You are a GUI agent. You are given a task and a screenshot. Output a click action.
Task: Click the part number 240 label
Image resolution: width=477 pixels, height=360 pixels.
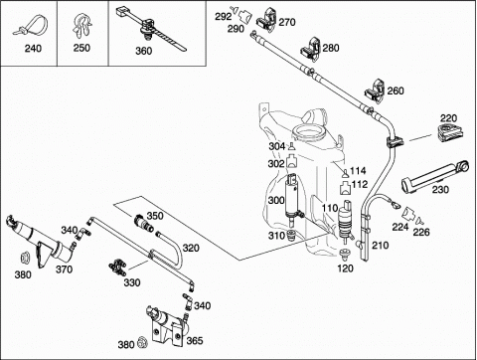(33, 49)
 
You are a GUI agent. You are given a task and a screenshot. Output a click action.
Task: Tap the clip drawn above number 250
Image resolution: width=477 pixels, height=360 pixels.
(81, 26)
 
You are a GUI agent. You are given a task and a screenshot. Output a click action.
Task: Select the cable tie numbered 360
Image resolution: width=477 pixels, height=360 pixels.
(151, 29)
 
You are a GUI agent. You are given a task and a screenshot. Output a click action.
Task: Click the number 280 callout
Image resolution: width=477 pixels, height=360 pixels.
(331, 48)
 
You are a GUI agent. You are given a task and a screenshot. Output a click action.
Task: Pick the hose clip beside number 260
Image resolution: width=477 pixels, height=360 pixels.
(375, 90)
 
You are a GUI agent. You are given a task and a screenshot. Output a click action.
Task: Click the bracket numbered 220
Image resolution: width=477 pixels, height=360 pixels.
(450, 132)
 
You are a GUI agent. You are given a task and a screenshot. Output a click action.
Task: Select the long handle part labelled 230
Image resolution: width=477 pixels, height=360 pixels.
(435, 175)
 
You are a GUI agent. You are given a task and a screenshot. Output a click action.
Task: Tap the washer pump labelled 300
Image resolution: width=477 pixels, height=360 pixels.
(293, 198)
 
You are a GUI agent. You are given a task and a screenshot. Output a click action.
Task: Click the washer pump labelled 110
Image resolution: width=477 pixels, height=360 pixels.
(345, 220)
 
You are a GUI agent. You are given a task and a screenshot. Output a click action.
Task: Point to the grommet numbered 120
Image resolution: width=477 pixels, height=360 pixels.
(345, 255)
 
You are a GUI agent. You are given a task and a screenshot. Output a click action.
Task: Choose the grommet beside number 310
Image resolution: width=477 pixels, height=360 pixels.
(291, 235)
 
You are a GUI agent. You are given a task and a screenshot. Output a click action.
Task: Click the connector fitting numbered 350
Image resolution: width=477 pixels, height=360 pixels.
(143, 223)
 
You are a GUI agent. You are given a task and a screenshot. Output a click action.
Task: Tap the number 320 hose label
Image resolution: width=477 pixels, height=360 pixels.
(191, 248)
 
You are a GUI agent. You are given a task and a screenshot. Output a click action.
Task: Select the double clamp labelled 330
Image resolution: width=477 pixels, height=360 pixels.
(117, 268)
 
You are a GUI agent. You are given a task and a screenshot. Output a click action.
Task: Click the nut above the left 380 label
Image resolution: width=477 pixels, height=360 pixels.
(24, 258)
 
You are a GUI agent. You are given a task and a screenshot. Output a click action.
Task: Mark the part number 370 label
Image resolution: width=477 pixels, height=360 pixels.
(64, 270)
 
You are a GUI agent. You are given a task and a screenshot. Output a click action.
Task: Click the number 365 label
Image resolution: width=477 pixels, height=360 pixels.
(195, 341)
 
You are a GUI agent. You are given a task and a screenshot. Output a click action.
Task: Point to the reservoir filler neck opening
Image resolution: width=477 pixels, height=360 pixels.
(309, 132)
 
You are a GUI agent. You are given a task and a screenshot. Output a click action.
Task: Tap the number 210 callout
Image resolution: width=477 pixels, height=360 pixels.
(381, 246)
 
